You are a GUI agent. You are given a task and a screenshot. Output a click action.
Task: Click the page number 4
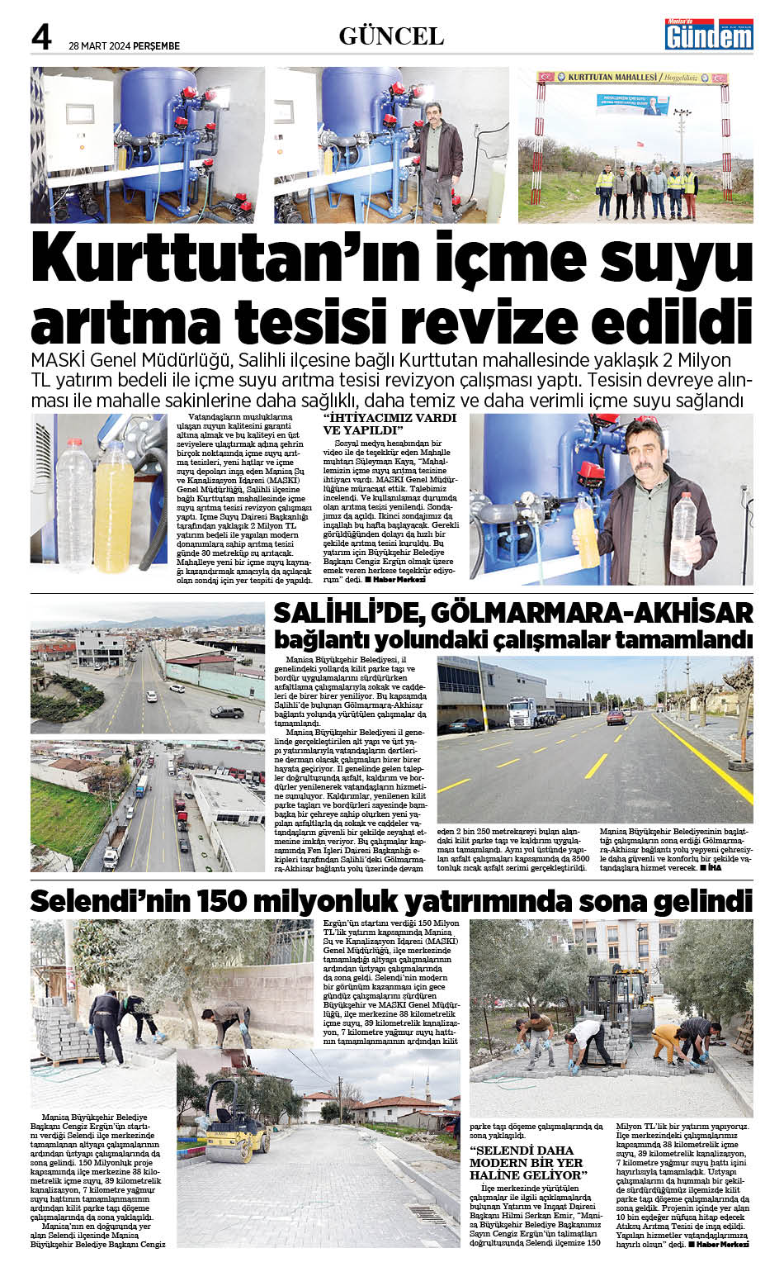pos(41,36)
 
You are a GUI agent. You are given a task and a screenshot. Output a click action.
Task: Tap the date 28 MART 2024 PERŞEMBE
pos(124,46)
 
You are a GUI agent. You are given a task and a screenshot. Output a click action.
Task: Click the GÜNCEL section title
pos(391,36)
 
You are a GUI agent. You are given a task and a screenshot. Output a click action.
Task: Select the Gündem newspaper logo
pos(709,34)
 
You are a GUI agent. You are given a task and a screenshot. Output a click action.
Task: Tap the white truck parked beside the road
pos(526,712)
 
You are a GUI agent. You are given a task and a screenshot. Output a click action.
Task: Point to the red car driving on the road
pos(616,717)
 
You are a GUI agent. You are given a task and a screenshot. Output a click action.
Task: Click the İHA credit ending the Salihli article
pos(710,868)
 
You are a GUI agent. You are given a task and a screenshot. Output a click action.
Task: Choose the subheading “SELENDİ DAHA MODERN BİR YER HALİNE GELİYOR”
pos(528,1162)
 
